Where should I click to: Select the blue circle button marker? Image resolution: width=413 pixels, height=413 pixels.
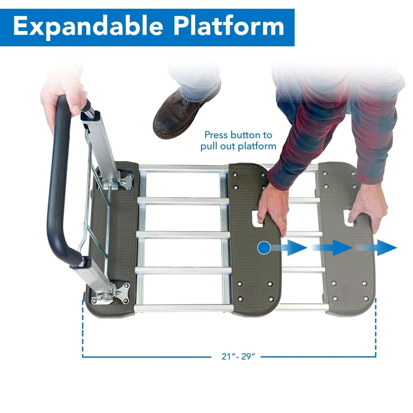click(x=264, y=248)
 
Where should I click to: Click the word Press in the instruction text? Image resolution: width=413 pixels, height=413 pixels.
click(x=216, y=135)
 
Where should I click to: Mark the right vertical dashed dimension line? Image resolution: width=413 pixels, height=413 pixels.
click(x=376, y=327)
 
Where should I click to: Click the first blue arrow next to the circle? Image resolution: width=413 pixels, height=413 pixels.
click(x=294, y=248)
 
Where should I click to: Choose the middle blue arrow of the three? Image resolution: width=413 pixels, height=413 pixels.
click(x=340, y=248)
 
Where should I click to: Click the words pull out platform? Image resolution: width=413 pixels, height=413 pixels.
click(x=238, y=146)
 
